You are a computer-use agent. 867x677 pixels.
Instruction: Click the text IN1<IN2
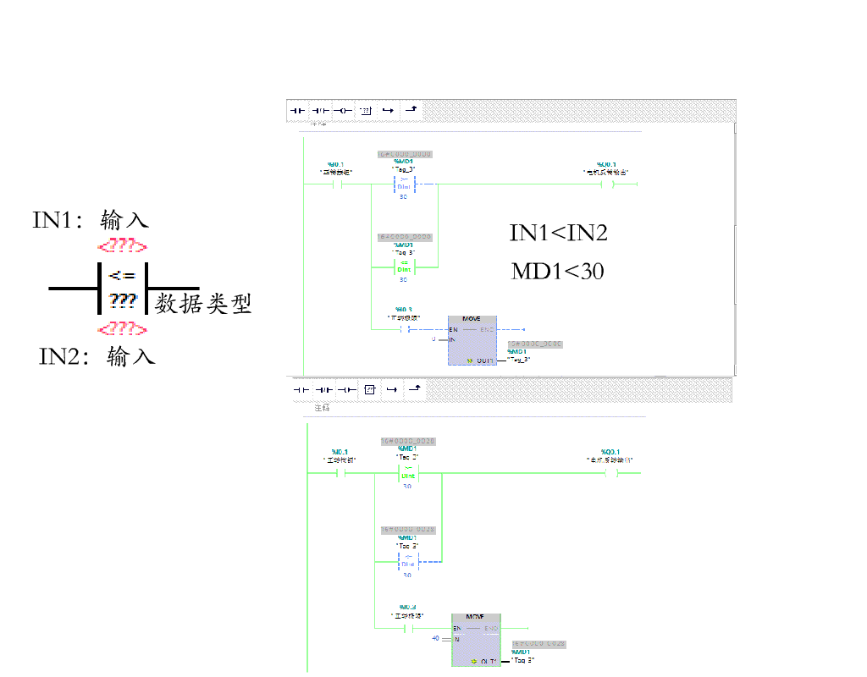[x=558, y=234]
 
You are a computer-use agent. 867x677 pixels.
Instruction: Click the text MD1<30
[x=557, y=272]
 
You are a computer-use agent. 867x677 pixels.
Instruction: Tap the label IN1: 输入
[x=91, y=220]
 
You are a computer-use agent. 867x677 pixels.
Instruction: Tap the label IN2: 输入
[x=97, y=356]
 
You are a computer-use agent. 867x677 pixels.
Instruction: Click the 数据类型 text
[x=203, y=304]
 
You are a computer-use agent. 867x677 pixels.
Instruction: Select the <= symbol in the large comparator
[x=122, y=276]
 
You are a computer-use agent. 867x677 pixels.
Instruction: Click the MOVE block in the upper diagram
[x=472, y=338]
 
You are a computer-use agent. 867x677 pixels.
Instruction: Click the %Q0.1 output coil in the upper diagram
[x=606, y=183]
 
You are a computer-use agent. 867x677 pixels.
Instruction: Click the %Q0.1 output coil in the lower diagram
[x=610, y=474]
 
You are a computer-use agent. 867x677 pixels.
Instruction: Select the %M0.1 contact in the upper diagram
[x=336, y=183]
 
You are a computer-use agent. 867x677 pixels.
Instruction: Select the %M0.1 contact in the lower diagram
[x=340, y=474]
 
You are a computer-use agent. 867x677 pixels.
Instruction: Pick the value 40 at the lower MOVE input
[x=435, y=637]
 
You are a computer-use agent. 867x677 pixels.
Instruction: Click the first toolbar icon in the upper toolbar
[x=296, y=110]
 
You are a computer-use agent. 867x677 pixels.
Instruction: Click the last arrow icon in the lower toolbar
[x=413, y=389]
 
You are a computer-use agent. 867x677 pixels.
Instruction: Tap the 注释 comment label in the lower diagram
[x=322, y=408]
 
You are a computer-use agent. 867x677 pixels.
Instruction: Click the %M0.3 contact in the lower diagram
[x=409, y=628]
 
